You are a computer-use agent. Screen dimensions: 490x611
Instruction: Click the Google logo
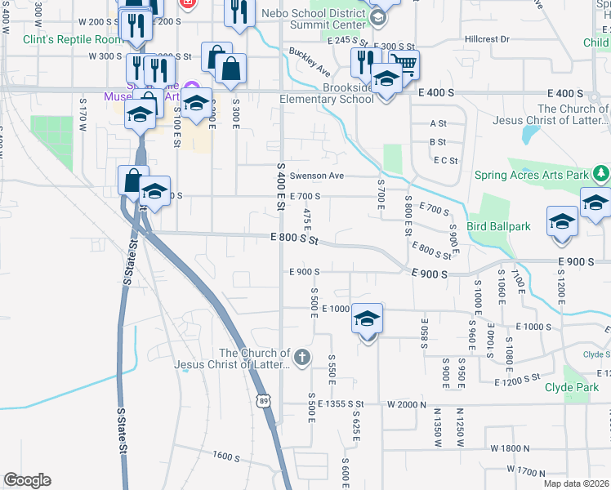tap(27, 480)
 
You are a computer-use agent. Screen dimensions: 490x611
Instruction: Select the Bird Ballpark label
tap(498, 226)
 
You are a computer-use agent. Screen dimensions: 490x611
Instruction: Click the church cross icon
tap(302, 357)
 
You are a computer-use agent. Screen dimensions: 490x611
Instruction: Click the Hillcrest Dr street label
tap(487, 39)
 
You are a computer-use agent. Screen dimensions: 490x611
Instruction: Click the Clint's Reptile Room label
tap(73, 39)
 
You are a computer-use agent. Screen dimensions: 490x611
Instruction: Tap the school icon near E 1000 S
tap(368, 319)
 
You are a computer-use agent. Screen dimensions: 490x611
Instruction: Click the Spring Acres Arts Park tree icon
tap(601, 173)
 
